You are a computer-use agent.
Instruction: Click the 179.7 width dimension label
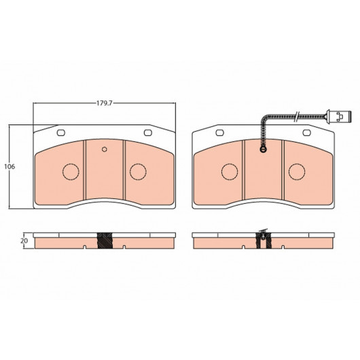point(104,103)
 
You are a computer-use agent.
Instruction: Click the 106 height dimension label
point(10,166)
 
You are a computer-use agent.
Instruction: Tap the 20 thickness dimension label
point(24,241)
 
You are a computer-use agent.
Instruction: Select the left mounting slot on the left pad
point(61,132)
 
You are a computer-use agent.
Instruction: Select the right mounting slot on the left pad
point(148,132)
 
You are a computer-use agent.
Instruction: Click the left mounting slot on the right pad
point(219,132)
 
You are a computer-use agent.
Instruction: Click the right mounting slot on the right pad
point(307,132)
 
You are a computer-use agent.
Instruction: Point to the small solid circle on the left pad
point(105,149)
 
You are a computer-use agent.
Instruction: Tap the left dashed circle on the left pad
point(71,172)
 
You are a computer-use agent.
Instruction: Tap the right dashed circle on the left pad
point(138,172)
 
